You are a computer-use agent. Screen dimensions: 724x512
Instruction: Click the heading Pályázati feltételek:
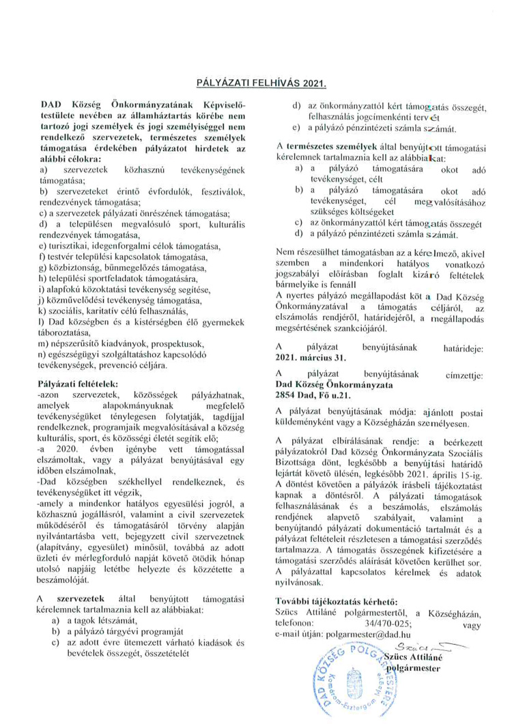[79, 385]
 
